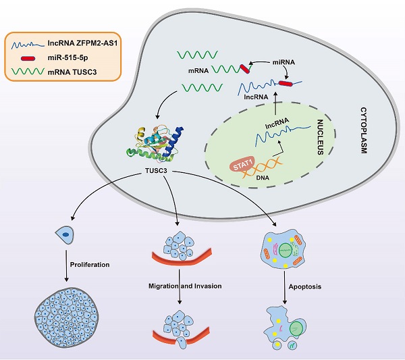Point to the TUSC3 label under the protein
pos(156,173)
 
